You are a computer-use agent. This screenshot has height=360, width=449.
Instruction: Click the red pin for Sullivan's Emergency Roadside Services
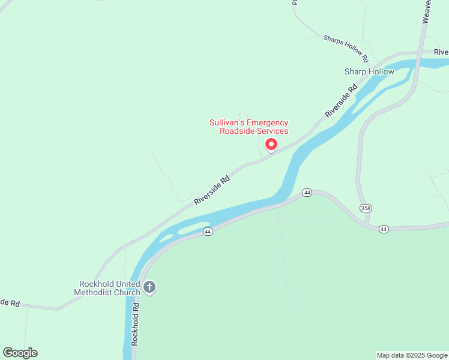click(x=271, y=145)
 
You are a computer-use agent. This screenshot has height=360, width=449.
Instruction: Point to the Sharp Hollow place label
click(x=369, y=71)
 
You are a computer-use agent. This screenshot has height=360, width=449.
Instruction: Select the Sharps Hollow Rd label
click(x=346, y=48)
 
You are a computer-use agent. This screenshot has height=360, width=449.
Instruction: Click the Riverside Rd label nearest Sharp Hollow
click(x=340, y=100)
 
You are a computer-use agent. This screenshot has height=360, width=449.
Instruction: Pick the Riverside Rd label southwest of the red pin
click(x=212, y=190)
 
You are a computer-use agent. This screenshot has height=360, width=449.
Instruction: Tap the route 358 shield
click(x=366, y=208)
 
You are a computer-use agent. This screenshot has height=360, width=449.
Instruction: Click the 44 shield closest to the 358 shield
click(x=384, y=229)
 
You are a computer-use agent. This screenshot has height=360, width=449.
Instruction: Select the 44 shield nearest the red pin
click(x=307, y=193)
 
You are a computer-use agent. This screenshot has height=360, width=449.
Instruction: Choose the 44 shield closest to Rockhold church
click(x=208, y=232)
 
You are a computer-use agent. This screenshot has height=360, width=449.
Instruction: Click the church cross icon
click(x=149, y=287)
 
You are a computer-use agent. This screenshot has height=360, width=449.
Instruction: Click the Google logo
click(x=20, y=353)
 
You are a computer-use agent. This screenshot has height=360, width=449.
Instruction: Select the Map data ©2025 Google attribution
click(x=412, y=355)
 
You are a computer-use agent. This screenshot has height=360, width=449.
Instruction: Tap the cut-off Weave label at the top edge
click(x=427, y=11)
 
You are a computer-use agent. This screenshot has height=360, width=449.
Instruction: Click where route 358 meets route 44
click(x=367, y=226)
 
